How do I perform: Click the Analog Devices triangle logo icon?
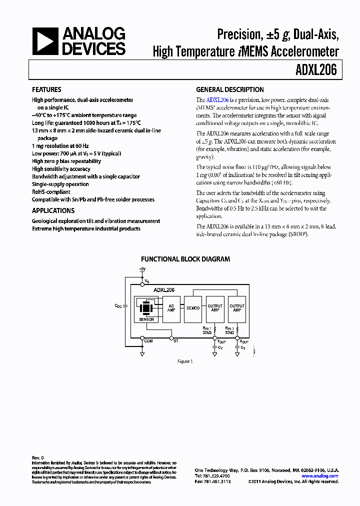[x=45, y=41]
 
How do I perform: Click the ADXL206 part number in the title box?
[x=317, y=70]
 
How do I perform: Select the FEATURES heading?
[x=46, y=90]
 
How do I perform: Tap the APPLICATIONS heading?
[x=53, y=210]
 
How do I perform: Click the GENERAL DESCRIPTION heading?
[x=229, y=90]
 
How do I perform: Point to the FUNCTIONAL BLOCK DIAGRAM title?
[x=185, y=259]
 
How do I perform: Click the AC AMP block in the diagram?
[x=171, y=308]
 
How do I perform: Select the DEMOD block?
[x=193, y=308]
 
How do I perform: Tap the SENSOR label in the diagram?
[x=146, y=319]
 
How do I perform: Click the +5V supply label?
[x=142, y=269]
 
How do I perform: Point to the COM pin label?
[x=148, y=340]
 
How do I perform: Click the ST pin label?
[x=175, y=340]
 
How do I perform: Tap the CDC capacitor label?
[x=118, y=305]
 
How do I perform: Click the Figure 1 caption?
[x=185, y=361]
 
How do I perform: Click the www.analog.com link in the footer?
[x=320, y=476]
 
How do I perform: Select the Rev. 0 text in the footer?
[x=38, y=457]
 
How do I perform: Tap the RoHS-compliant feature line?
[x=51, y=192]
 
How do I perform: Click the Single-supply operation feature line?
[x=60, y=184]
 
